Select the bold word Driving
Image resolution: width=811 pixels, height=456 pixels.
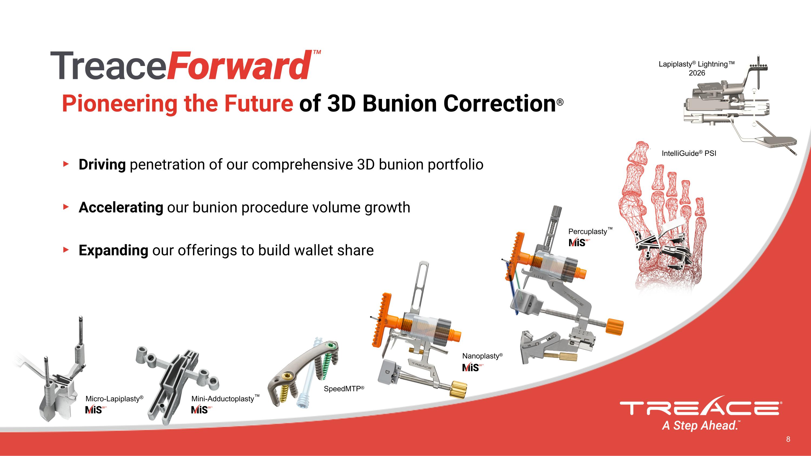point(102,165)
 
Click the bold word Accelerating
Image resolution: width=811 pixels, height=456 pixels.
point(121,207)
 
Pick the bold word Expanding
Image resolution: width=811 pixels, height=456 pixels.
point(113,251)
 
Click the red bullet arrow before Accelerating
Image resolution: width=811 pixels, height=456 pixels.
point(66,207)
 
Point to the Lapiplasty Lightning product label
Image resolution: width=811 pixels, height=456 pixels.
point(696,64)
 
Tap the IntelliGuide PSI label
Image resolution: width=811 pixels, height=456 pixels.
point(689,153)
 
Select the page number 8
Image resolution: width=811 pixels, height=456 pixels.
point(788,439)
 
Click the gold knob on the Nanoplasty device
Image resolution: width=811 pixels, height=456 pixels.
point(458,389)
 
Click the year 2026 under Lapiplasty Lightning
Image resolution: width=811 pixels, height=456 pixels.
point(697,73)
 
